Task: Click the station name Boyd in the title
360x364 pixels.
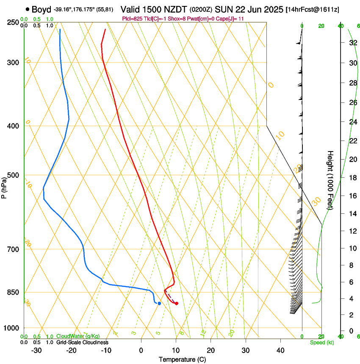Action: pyautogui.click(x=41, y=9)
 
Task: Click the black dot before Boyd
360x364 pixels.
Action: pyautogui.click(x=28, y=9)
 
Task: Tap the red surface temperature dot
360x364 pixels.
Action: pyautogui.click(x=176, y=303)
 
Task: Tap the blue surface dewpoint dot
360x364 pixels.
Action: pyautogui.click(x=159, y=303)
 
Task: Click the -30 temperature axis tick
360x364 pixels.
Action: pyautogui.click(x=36, y=350)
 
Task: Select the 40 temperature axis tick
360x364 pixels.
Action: pyautogui.click(x=280, y=350)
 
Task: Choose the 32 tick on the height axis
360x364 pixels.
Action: pyautogui.click(x=352, y=43)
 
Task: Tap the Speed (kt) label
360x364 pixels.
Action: pyautogui.click(x=322, y=342)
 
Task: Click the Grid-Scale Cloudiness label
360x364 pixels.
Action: pyautogui.click(x=82, y=342)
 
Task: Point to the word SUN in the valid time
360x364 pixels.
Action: pyautogui.click(x=223, y=9)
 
